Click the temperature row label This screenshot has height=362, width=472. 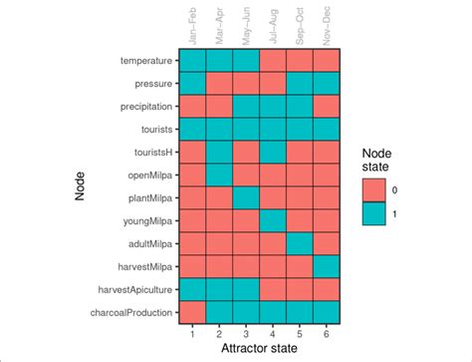(x=145, y=61)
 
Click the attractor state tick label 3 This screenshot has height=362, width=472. (x=245, y=333)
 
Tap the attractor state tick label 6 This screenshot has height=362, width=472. (x=328, y=333)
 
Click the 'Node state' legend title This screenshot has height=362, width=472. (x=377, y=162)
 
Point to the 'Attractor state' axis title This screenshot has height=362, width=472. (x=259, y=349)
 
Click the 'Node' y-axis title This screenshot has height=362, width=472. (x=82, y=186)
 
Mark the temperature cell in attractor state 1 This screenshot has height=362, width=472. (x=191, y=61)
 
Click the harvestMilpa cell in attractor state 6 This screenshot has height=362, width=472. (x=328, y=266)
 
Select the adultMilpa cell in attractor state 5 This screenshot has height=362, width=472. (x=300, y=243)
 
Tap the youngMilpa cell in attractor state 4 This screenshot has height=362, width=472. (x=273, y=220)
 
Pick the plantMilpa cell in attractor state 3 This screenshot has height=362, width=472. (x=245, y=197)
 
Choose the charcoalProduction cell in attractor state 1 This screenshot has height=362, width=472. (x=191, y=312)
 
